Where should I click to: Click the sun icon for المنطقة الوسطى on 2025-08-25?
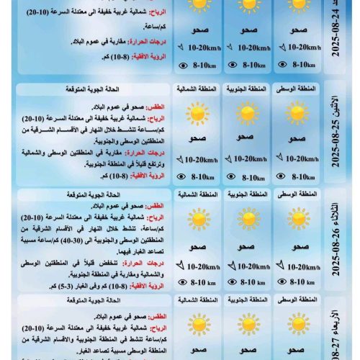296,114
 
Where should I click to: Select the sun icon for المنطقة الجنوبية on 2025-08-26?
248,220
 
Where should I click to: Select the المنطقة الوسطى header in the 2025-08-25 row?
296,89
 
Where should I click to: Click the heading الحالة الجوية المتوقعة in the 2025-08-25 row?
114,89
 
